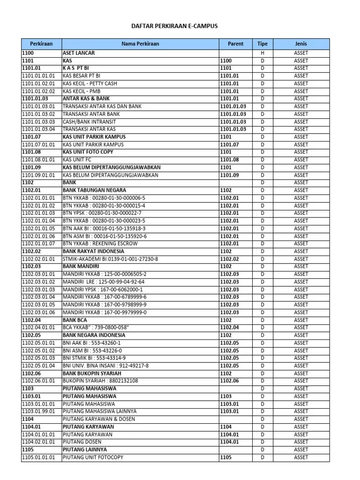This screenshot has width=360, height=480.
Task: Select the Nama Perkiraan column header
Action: tap(140, 44)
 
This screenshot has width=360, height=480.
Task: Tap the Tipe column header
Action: tap(262, 44)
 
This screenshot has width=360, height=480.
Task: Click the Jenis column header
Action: tap(301, 44)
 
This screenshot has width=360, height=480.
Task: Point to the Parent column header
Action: tap(235, 44)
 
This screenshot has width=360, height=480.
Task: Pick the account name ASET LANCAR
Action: tap(79, 53)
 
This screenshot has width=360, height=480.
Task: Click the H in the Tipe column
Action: tap(262, 53)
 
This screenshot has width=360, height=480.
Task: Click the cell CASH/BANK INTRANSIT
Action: tap(90, 122)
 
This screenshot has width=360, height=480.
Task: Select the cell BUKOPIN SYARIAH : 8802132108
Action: tap(100, 381)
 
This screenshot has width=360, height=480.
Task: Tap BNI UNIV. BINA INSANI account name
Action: tap(105, 366)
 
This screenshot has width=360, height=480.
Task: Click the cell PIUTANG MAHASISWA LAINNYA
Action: tap(100, 412)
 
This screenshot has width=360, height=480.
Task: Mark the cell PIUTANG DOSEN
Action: tap(81, 442)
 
